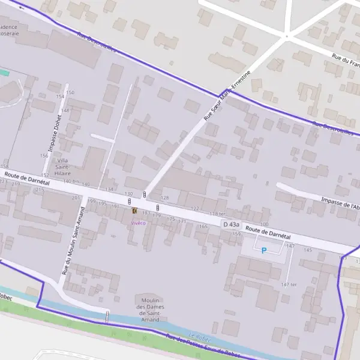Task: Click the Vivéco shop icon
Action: [134, 212]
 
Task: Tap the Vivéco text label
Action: [139, 222]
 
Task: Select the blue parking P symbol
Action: [263, 250]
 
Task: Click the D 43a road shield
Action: [231, 224]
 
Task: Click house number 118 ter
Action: [217, 214]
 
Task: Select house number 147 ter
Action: [289, 284]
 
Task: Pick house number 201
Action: [76, 197]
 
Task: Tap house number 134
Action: [109, 190]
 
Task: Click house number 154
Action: [59, 97]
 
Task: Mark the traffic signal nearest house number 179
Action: [157, 208]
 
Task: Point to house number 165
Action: [203, 226]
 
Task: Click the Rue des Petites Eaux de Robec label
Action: [201, 347]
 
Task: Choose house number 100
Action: [264, 224]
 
